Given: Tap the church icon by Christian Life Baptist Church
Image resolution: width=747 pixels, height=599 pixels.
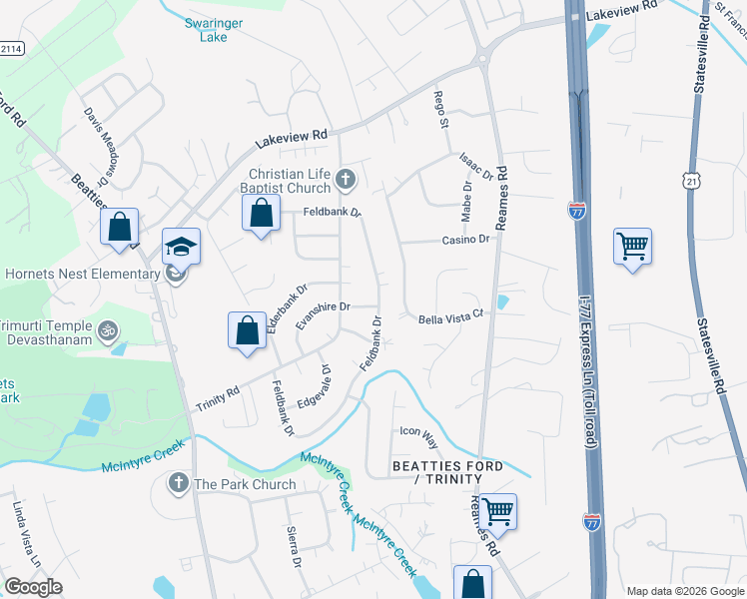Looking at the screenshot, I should click(x=346, y=180).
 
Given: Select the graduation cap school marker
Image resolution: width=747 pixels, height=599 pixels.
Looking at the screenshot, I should click(x=181, y=246).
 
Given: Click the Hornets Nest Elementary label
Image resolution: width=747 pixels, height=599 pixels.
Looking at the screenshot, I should click(x=84, y=274).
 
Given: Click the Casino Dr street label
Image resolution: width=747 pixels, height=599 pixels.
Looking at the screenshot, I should click(x=466, y=240).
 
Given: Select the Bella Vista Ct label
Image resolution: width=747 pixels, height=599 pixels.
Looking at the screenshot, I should click(x=449, y=316).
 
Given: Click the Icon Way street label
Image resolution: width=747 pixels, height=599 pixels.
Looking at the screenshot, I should click(x=418, y=431).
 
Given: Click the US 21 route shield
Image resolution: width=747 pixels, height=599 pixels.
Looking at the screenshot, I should click(x=692, y=180).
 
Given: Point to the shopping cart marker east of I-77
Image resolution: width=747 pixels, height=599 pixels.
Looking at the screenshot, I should click(x=633, y=245).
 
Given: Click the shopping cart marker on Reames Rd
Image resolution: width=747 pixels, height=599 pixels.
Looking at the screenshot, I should click(x=497, y=511).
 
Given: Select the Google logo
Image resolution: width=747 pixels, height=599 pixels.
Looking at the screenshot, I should click(x=33, y=587).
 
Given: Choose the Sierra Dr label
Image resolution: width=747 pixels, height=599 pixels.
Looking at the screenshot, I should click(x=294, y=546).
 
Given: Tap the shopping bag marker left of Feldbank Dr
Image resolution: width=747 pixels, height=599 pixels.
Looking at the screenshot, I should click(x=261, y=213).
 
